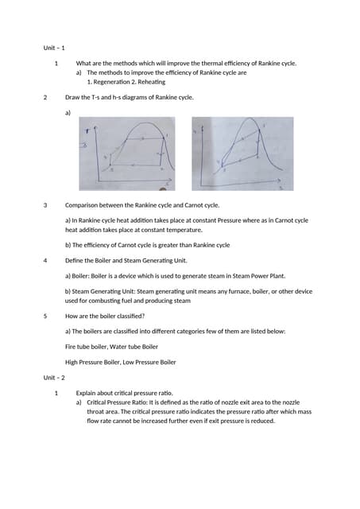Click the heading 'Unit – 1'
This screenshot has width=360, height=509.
54,48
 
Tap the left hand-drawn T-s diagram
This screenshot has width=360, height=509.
127,154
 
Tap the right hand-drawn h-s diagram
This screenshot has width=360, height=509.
242,154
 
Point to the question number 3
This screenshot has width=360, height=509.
45,205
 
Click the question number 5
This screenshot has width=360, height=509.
45,316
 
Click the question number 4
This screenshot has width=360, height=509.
45,260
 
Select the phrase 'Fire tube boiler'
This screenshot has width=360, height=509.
84,347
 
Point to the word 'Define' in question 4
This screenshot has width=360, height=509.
75,260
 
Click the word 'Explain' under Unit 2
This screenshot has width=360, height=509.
87,393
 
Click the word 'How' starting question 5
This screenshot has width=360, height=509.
72,316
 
